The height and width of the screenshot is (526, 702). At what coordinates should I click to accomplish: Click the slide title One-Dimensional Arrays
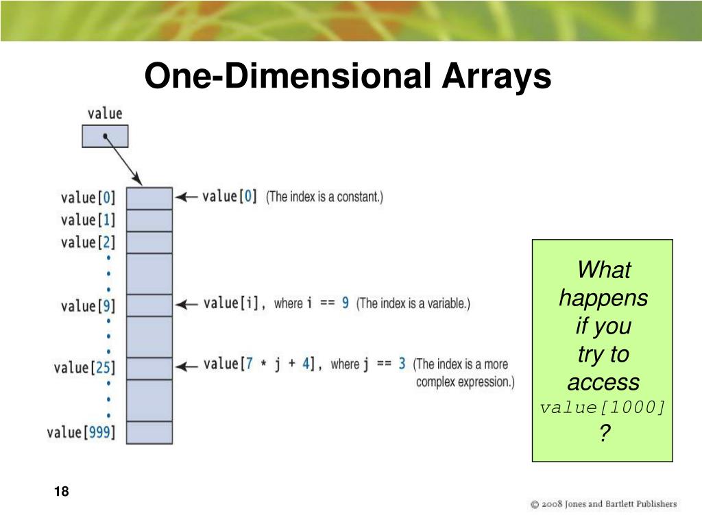[x=348, y=75]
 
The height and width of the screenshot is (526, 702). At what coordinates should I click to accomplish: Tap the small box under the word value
[x=105, y=136]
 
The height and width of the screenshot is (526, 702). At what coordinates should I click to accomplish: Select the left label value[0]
[x=88, y=197]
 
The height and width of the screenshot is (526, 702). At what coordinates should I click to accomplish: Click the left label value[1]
[x=88, y=220]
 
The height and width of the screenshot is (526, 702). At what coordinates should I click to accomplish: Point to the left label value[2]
[x=88, y=242]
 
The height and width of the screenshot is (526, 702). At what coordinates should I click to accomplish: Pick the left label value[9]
[x=88, y=306]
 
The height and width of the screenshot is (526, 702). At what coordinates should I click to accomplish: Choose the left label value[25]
[x=84, y=368]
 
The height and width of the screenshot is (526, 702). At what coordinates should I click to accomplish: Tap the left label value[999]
[x=81, y=432]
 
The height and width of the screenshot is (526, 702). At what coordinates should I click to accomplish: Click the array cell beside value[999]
[x=149, y=433]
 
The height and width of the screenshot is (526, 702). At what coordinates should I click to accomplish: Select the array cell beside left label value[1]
[x=149, y=220]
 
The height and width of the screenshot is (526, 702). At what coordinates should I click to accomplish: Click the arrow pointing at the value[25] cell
[x=186, y=367]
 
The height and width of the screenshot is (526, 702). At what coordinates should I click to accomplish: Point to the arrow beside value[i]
[x=186, y=305]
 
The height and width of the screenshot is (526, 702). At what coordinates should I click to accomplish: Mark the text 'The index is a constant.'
[x=324, y=197]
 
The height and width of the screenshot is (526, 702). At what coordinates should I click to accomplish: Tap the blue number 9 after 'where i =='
[x=346, y=303]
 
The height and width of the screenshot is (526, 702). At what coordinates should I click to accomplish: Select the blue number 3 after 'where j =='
[x=402, y=364]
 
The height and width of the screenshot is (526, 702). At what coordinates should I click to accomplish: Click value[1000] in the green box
[x=603, y=408]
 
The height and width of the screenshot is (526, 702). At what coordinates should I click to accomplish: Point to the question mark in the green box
[x=605, y=433]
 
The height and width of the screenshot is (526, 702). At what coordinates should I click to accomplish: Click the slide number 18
[x=61, y=491]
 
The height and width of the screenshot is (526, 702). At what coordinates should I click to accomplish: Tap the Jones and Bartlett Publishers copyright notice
[x=603, y=504]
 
